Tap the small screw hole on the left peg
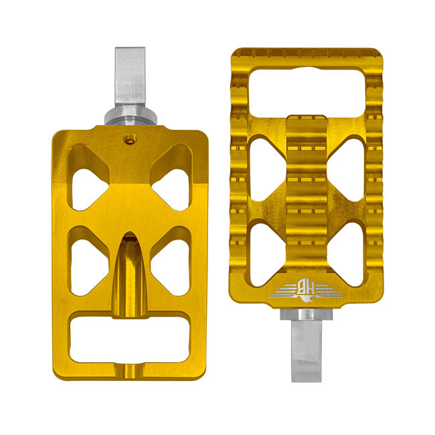point(129,139)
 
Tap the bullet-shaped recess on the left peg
point(130,268)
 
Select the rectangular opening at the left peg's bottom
point(130,340)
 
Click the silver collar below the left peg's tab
point(130,117)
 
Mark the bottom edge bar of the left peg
point(130,371)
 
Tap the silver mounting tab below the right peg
point(307,348)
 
